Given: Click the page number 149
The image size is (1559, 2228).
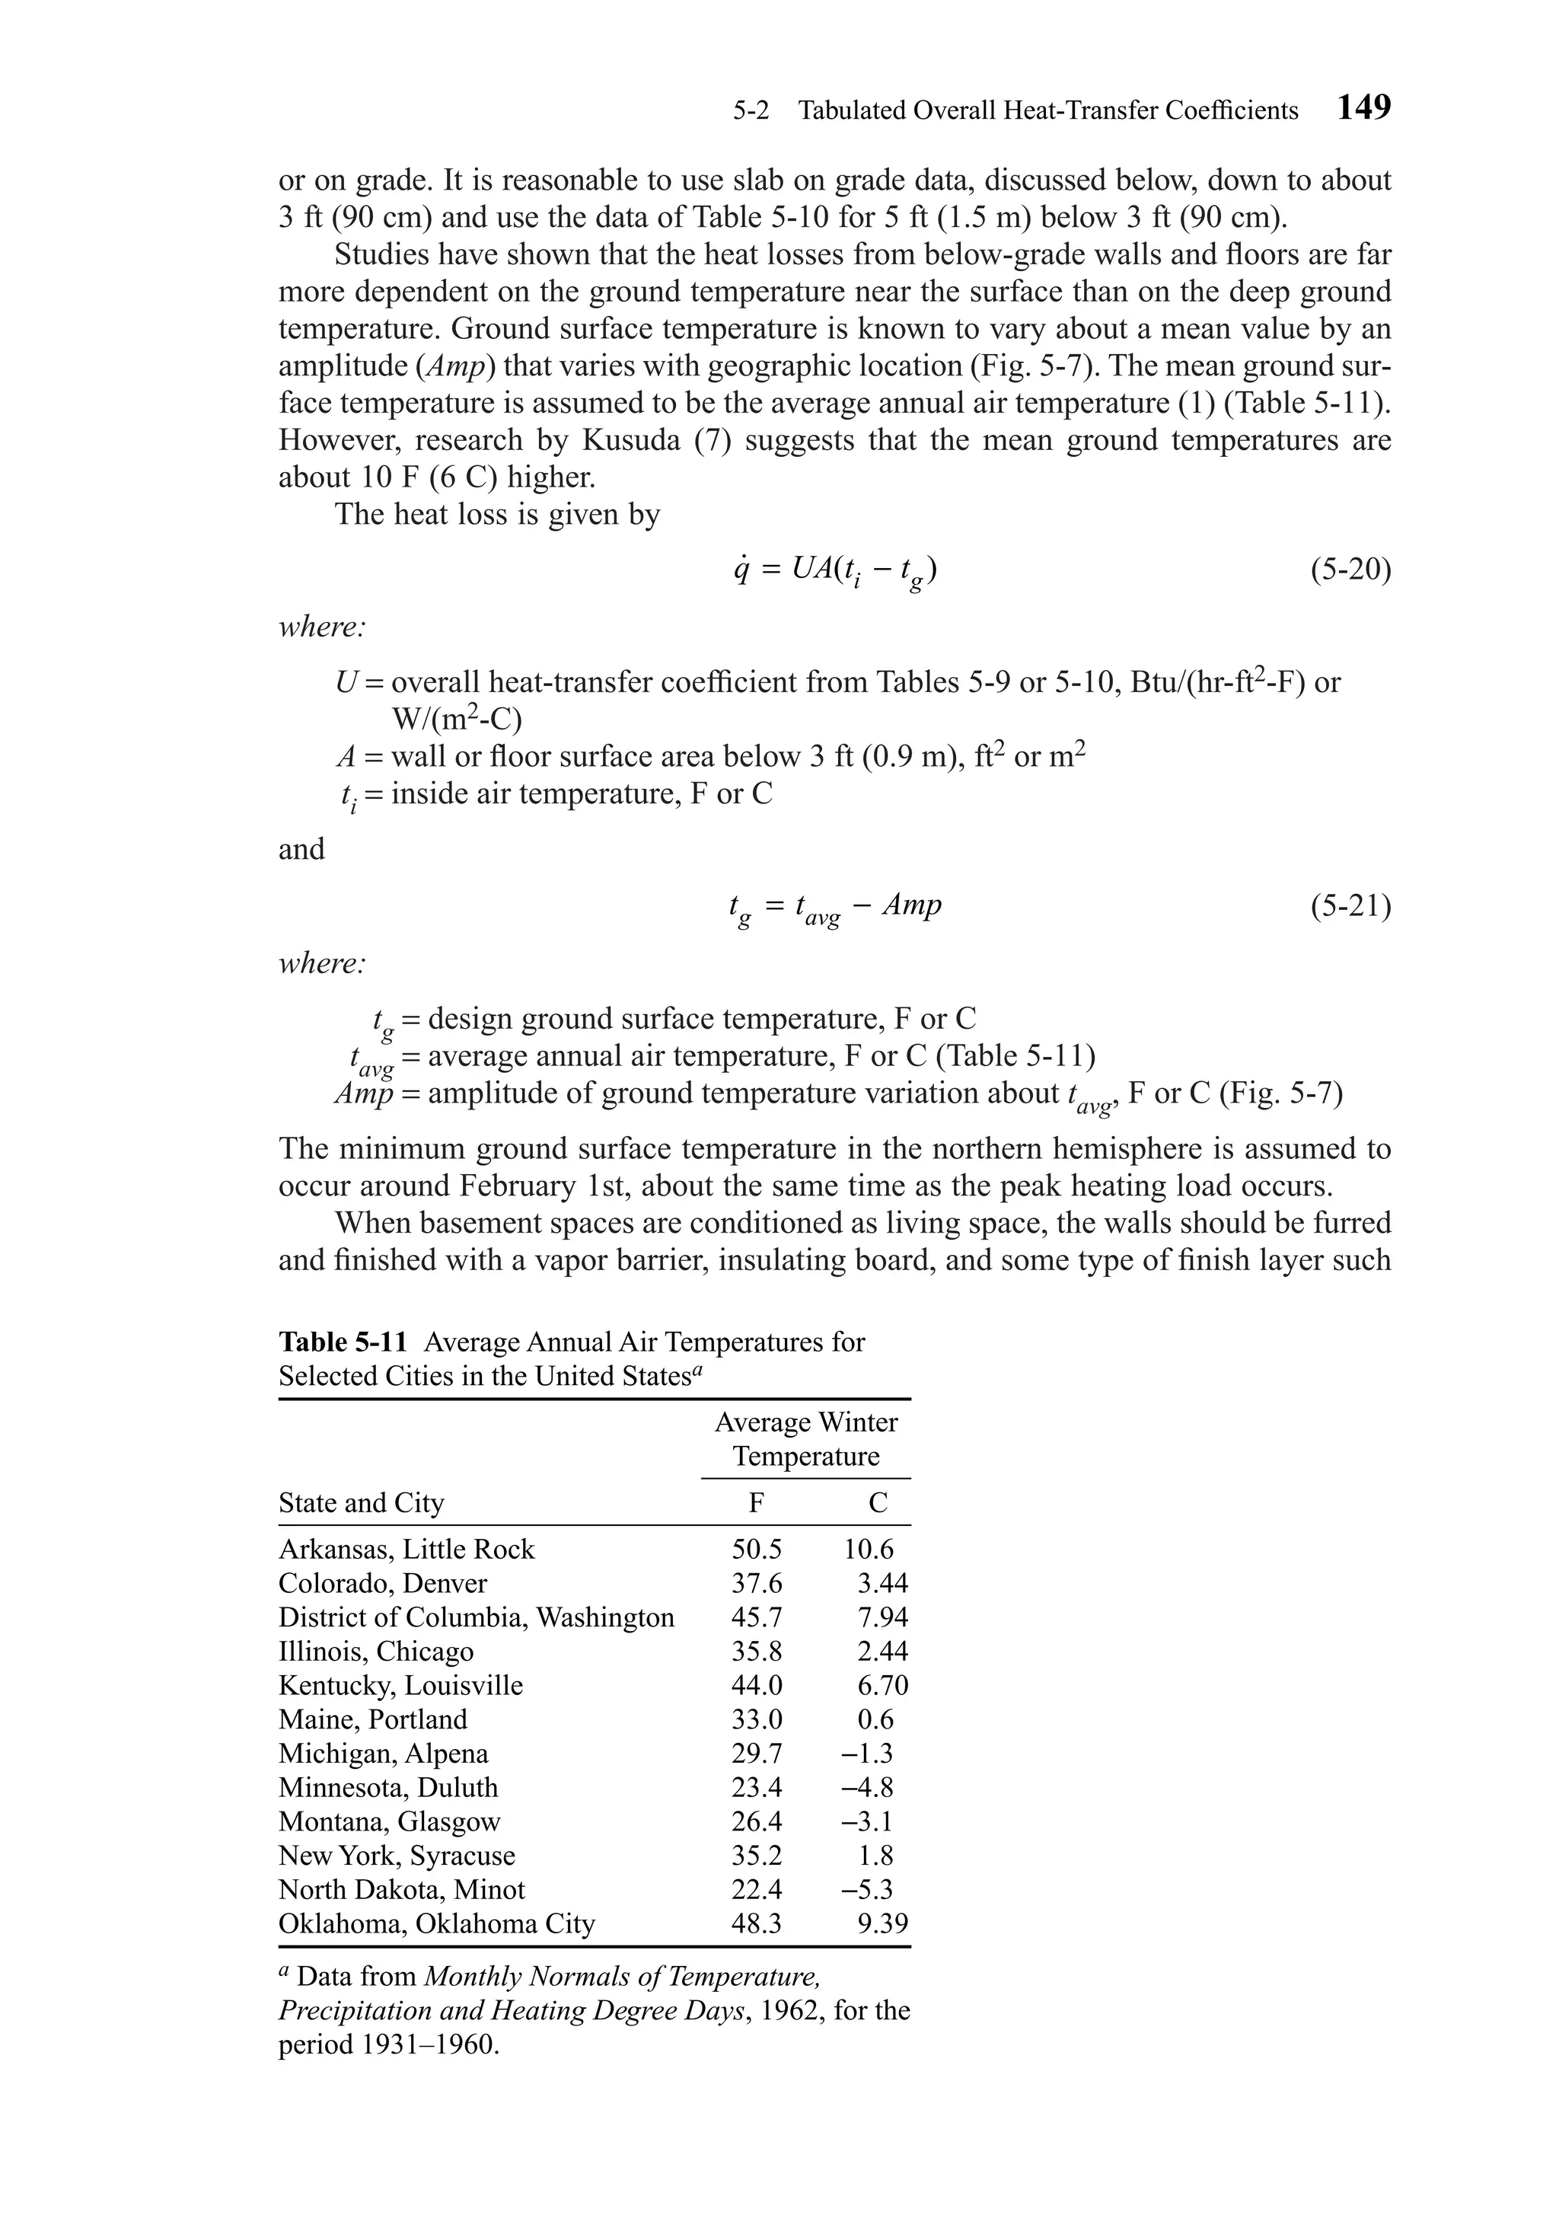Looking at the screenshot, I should pyautogui.click(x=1363, y=107).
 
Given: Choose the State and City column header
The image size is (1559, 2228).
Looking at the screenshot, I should pyautogui.click(x=361, y=1503).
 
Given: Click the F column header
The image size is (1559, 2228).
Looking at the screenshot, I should pyautogui.click(x=756, y=1503).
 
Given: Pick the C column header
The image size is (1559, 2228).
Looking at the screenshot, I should pyautogui.click(x=877, y=1503).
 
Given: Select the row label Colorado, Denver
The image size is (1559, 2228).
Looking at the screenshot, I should pyautogui.click(x=382, y=1584).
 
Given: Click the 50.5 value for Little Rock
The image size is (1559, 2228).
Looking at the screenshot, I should pyautogui.click(x=756, y=1550).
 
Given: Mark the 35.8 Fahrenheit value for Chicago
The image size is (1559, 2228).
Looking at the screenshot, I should pyautogui.click(x=756, y=1652).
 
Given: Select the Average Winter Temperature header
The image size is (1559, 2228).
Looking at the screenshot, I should pyautogui.click(x=805, y=1439).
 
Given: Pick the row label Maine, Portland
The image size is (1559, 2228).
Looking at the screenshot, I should pyautogui.click(x=372, y=1719).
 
